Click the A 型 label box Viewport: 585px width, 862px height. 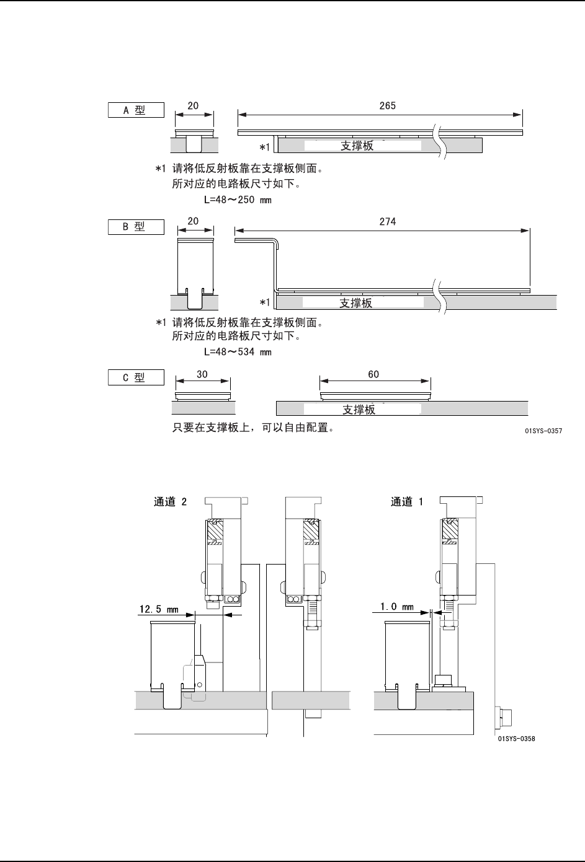tap(136, 110)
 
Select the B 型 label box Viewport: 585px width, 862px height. tap(136, 227)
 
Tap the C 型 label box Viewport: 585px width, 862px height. tap(136, 377)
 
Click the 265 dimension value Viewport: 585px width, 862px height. tap(387, 106)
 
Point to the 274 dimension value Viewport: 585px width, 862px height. tap(387, 221)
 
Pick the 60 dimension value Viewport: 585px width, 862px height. tap(373, 374)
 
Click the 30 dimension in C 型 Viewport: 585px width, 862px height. tap(202, 374)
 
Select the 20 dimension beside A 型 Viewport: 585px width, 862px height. tap(193, 106)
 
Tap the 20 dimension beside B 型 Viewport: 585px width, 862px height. tap(193, 221)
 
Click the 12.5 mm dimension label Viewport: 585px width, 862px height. tap(158, 609)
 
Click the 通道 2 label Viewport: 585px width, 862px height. tap(170, 502)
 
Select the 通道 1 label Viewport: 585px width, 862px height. tap(407, 502)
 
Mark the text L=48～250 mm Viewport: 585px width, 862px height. tap(238, 200)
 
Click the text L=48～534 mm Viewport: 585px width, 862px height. tap(238, 352)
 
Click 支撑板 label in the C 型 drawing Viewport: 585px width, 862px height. tap(359, 410)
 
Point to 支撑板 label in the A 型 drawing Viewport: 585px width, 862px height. tap(357, 146)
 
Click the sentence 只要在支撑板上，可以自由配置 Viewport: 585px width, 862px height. tap(253, 428)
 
